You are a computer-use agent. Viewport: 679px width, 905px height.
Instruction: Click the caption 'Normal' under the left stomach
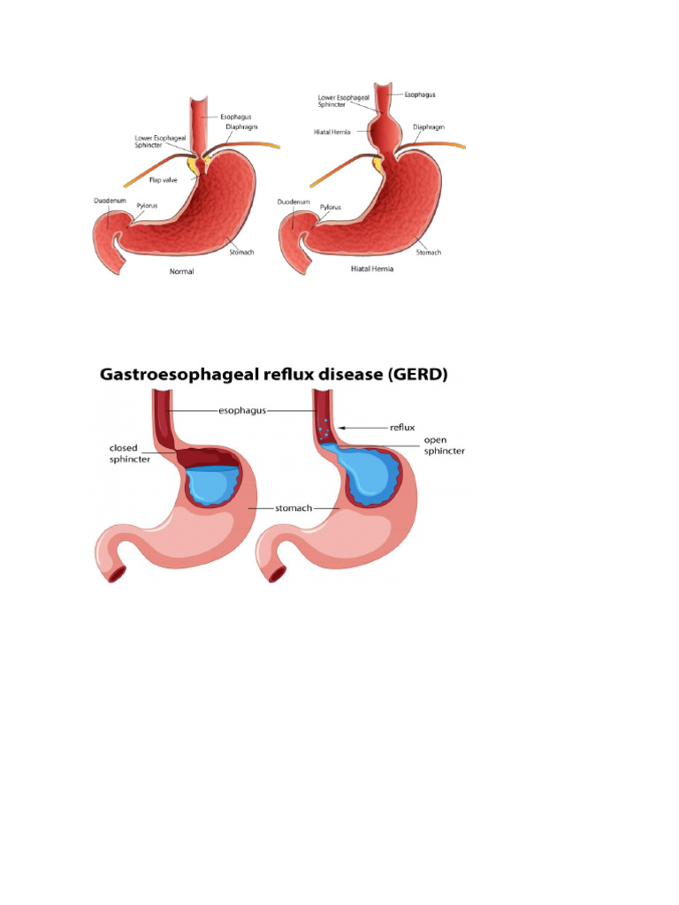181,271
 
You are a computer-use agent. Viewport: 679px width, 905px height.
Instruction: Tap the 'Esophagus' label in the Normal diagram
231,115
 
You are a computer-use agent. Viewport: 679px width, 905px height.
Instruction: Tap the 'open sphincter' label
444,445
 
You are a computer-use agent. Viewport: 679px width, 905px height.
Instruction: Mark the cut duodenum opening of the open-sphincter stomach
277,574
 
